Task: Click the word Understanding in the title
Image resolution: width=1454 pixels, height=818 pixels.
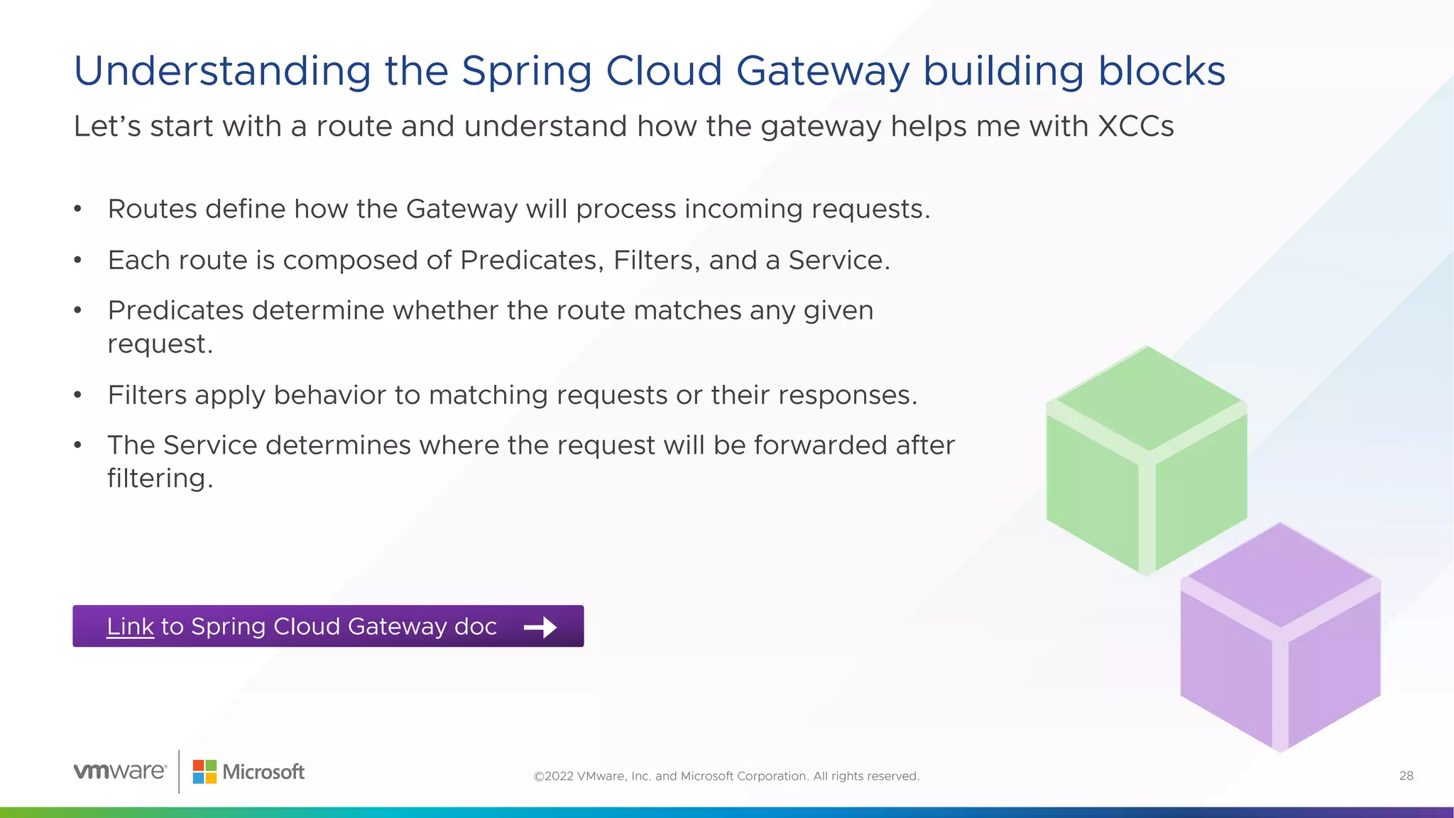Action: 222,72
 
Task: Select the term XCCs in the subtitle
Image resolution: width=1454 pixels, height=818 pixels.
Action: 1135,126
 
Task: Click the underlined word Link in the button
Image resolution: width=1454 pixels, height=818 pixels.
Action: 130,626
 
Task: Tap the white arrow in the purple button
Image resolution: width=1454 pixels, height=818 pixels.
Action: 540,627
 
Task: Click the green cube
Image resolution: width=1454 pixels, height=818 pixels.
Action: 1146,462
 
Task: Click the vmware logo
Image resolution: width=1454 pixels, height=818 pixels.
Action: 120,771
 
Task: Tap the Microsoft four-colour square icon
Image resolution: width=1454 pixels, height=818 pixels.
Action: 204,772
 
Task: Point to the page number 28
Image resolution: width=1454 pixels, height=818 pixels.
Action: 1406,776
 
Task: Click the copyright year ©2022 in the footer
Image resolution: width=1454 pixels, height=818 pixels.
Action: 553,776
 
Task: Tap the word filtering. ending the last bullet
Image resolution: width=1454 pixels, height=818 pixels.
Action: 160,479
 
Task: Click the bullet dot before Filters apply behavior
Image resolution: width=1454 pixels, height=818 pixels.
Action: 78,395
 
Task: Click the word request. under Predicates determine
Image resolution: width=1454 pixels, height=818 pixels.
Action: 160,344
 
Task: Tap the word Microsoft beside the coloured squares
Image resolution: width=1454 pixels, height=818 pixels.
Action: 263,772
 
